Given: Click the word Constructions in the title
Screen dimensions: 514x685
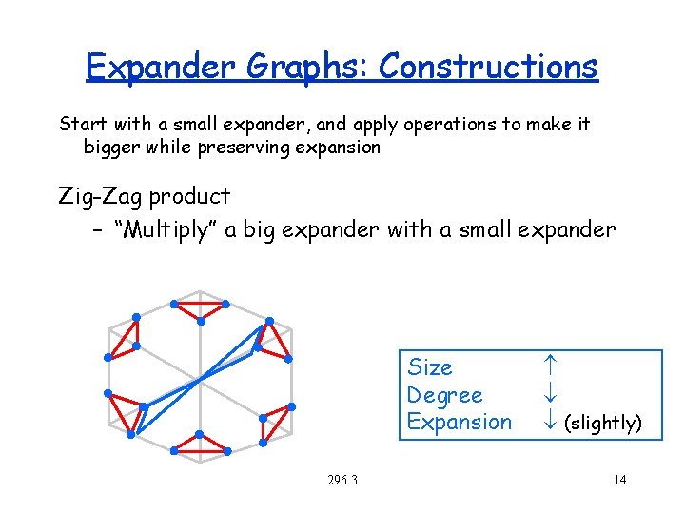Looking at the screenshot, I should click(488, 67).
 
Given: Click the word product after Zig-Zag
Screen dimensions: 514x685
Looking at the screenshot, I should click(192, 197).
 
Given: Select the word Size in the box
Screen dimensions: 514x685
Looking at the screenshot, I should click(430, 367).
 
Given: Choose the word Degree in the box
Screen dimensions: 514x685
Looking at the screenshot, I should click(444, 395).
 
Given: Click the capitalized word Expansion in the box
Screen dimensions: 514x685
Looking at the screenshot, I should click(459, 422).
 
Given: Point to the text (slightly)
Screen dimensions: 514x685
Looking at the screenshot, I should click(603, 423).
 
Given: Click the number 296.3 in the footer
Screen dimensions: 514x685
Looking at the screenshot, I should click(341, 480).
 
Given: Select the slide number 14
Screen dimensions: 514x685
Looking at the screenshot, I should click(619, 480).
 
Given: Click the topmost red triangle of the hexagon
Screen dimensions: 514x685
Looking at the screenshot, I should click(200, 308).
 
